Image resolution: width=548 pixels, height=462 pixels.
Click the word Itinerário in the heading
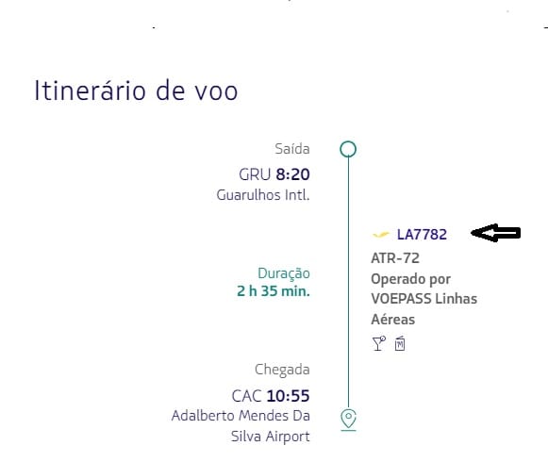point(90,91)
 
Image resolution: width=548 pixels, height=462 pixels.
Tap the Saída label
point(292,149)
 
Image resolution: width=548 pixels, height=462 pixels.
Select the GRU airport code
point(255,174)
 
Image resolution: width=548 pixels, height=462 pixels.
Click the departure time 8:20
point(293,174)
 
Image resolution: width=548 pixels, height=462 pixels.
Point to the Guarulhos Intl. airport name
point(263,194)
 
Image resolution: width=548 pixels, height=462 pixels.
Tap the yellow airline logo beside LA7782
point(381,234)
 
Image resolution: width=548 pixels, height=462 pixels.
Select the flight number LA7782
point(422,235)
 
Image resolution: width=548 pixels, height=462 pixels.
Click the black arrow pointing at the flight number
point(496,233)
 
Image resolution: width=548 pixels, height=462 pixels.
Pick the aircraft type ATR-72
point(395,258)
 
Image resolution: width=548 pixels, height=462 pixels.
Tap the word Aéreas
point(393,320)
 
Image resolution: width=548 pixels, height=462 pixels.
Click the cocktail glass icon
point(379,343)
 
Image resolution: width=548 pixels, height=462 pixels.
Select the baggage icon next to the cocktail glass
point(400,343)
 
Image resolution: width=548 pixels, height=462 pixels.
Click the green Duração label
point(284,273)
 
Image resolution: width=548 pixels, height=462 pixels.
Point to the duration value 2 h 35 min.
point(274,290)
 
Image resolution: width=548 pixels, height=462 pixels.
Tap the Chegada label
point(282,370)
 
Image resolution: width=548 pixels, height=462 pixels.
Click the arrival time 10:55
point(288,396)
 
